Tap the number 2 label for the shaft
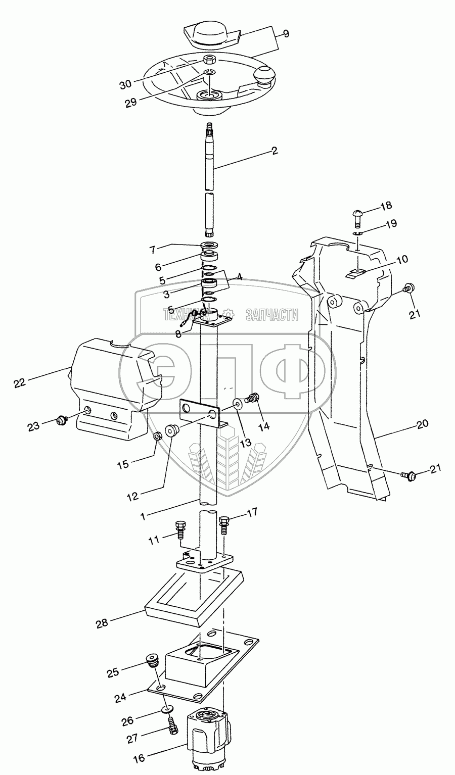274,151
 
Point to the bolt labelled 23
63,419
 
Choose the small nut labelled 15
158,435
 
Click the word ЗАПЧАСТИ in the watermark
272,315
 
